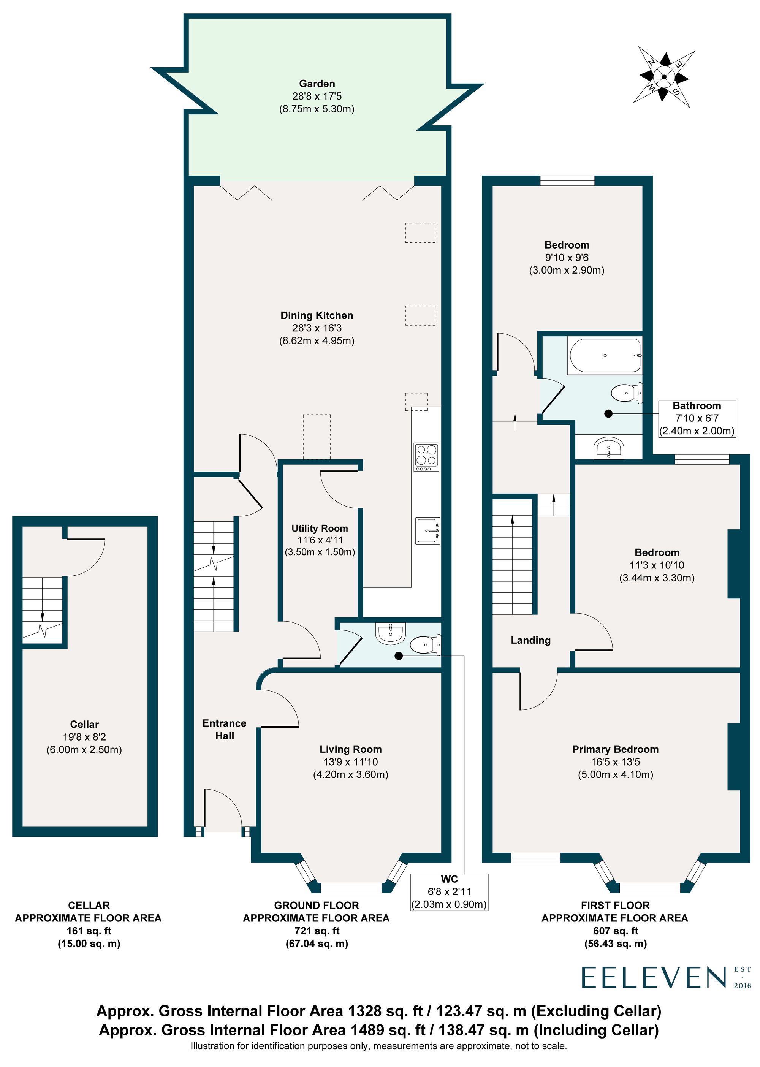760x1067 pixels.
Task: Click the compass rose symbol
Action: [x=663, y=76]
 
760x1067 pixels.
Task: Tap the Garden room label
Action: [x=317, y=84]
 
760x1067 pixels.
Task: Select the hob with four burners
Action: [x=426, y=457]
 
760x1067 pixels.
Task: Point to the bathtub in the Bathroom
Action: [x=604, y=356]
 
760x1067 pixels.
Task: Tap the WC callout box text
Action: [x=449, y=892]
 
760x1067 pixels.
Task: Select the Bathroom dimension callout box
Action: [x=697, y=418]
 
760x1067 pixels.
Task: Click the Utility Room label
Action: [x=320, y=528]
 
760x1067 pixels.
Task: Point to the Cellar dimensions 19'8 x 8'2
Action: [x=84, y=737]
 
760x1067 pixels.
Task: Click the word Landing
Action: [x=530, y=640]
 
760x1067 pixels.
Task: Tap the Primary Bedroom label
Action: [x=615, y=749]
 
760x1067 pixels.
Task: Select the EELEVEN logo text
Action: [x=653, y=977]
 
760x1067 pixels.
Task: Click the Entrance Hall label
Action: [x=224, y=729]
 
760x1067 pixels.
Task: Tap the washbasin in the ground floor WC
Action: [x=390, y=633]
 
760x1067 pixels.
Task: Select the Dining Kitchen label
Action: [x=317, y=315]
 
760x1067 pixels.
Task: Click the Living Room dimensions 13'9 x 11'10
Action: [x=350, y=762]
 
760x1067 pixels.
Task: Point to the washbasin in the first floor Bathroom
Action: [x=608, y=448]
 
